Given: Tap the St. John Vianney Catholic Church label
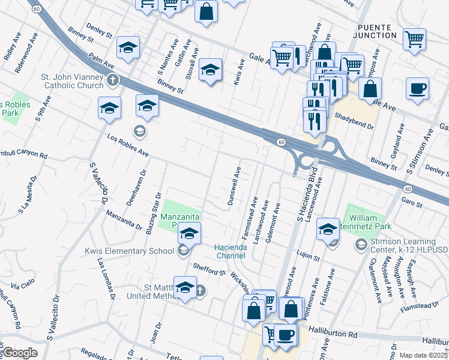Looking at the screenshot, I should coord(72,81).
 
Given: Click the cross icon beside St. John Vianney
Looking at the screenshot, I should coord(112,80).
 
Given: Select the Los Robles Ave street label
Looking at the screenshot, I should coord(127,145).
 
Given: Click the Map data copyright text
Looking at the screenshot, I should coord(424,355).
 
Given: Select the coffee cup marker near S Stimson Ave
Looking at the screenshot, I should coord(417,89).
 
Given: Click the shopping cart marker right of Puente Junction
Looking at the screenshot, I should coord(415,40).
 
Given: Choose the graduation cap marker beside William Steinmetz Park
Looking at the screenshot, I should coord(328,228).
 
